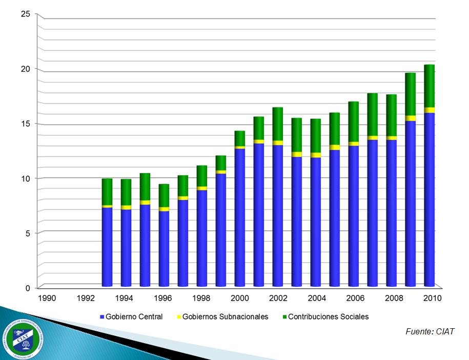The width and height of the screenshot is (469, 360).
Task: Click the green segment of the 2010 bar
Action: click(x=429, y=86)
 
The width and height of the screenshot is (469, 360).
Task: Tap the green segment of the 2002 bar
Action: click(x=277, y=124)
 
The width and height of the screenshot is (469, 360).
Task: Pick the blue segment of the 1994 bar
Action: click(x=126, y=248)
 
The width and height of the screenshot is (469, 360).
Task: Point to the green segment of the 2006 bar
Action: click(x=353, y=121)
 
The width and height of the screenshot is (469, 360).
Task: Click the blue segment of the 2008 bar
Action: click(x=391, y=213)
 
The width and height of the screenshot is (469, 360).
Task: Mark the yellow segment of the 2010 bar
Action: click(x=429, y=110)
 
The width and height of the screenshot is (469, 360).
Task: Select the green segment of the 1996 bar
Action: click(x=164, y=196)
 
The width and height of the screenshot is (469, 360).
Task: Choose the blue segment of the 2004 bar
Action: click(x=315, y=222)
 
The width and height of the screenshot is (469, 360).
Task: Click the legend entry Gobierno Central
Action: click(x=131, y=317)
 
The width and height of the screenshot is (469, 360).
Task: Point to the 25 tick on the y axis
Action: click(x=25, y=14)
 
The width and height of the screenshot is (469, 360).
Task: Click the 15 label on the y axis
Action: click(x=25, y=123)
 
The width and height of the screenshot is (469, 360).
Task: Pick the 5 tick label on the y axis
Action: click(x=28, y=233)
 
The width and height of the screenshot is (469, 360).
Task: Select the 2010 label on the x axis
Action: click(x=429, y=298)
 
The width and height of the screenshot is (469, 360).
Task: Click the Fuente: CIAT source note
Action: click(x=430, y=332)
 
